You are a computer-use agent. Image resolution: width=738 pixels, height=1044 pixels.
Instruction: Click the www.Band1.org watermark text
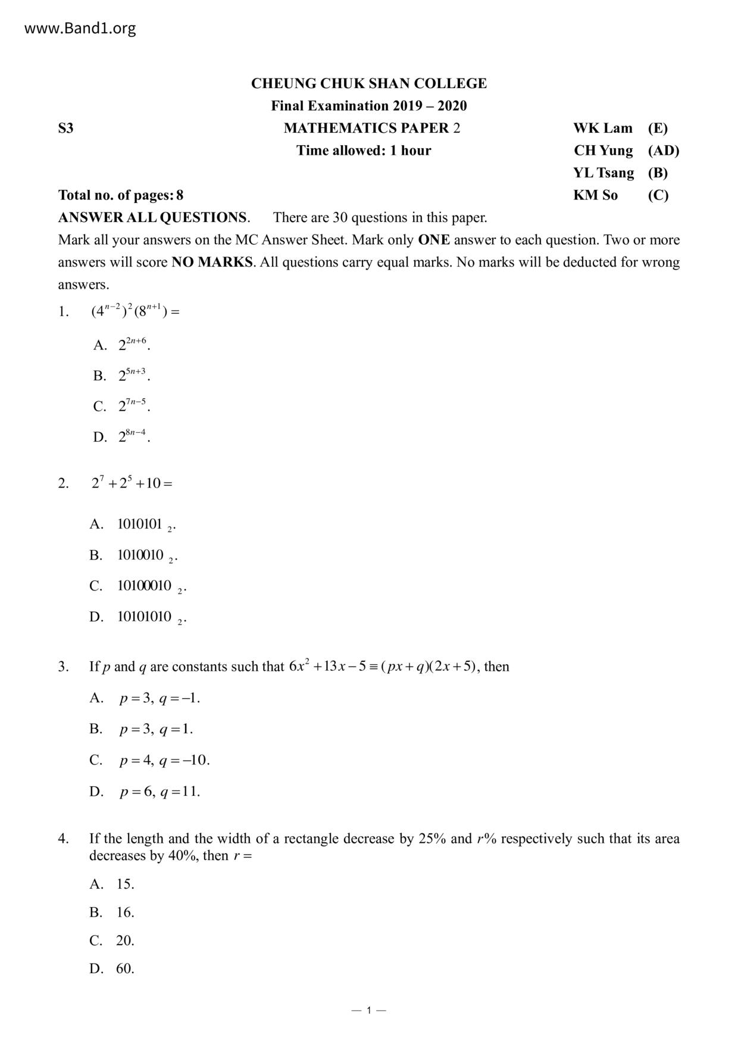click(80, 29)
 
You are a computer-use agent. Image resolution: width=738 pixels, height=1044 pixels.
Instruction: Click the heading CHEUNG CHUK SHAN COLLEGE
click(368, 83)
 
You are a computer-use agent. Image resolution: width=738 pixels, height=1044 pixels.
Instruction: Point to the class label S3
click(66, 129)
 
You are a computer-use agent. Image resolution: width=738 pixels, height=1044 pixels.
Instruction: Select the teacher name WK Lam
click(602, 129)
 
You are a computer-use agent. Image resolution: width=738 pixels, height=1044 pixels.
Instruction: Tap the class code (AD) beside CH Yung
click(663, 151)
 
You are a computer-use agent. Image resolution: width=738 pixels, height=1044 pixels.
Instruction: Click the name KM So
click(595, 195)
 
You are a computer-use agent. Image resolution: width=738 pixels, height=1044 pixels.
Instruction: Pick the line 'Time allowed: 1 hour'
click(364, 151)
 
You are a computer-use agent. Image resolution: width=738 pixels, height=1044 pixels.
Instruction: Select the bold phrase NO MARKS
click(212, 262)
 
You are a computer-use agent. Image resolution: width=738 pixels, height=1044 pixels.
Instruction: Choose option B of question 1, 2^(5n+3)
click(133, 376)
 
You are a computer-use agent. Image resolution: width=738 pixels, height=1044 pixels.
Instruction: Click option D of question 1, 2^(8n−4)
click(133, 437)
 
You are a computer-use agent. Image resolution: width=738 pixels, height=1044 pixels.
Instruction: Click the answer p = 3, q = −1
click(159, 698)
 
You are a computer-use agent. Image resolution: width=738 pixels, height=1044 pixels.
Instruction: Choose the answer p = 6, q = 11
click(159, 792)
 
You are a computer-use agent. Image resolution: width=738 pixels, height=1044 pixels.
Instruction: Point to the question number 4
click(64, 839)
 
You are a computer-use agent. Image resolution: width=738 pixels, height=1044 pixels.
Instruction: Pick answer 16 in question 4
click(125, 912)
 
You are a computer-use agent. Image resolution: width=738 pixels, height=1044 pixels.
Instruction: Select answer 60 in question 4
click(125, 968)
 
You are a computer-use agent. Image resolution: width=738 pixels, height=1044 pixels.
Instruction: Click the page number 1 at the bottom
click(369, 1010)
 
